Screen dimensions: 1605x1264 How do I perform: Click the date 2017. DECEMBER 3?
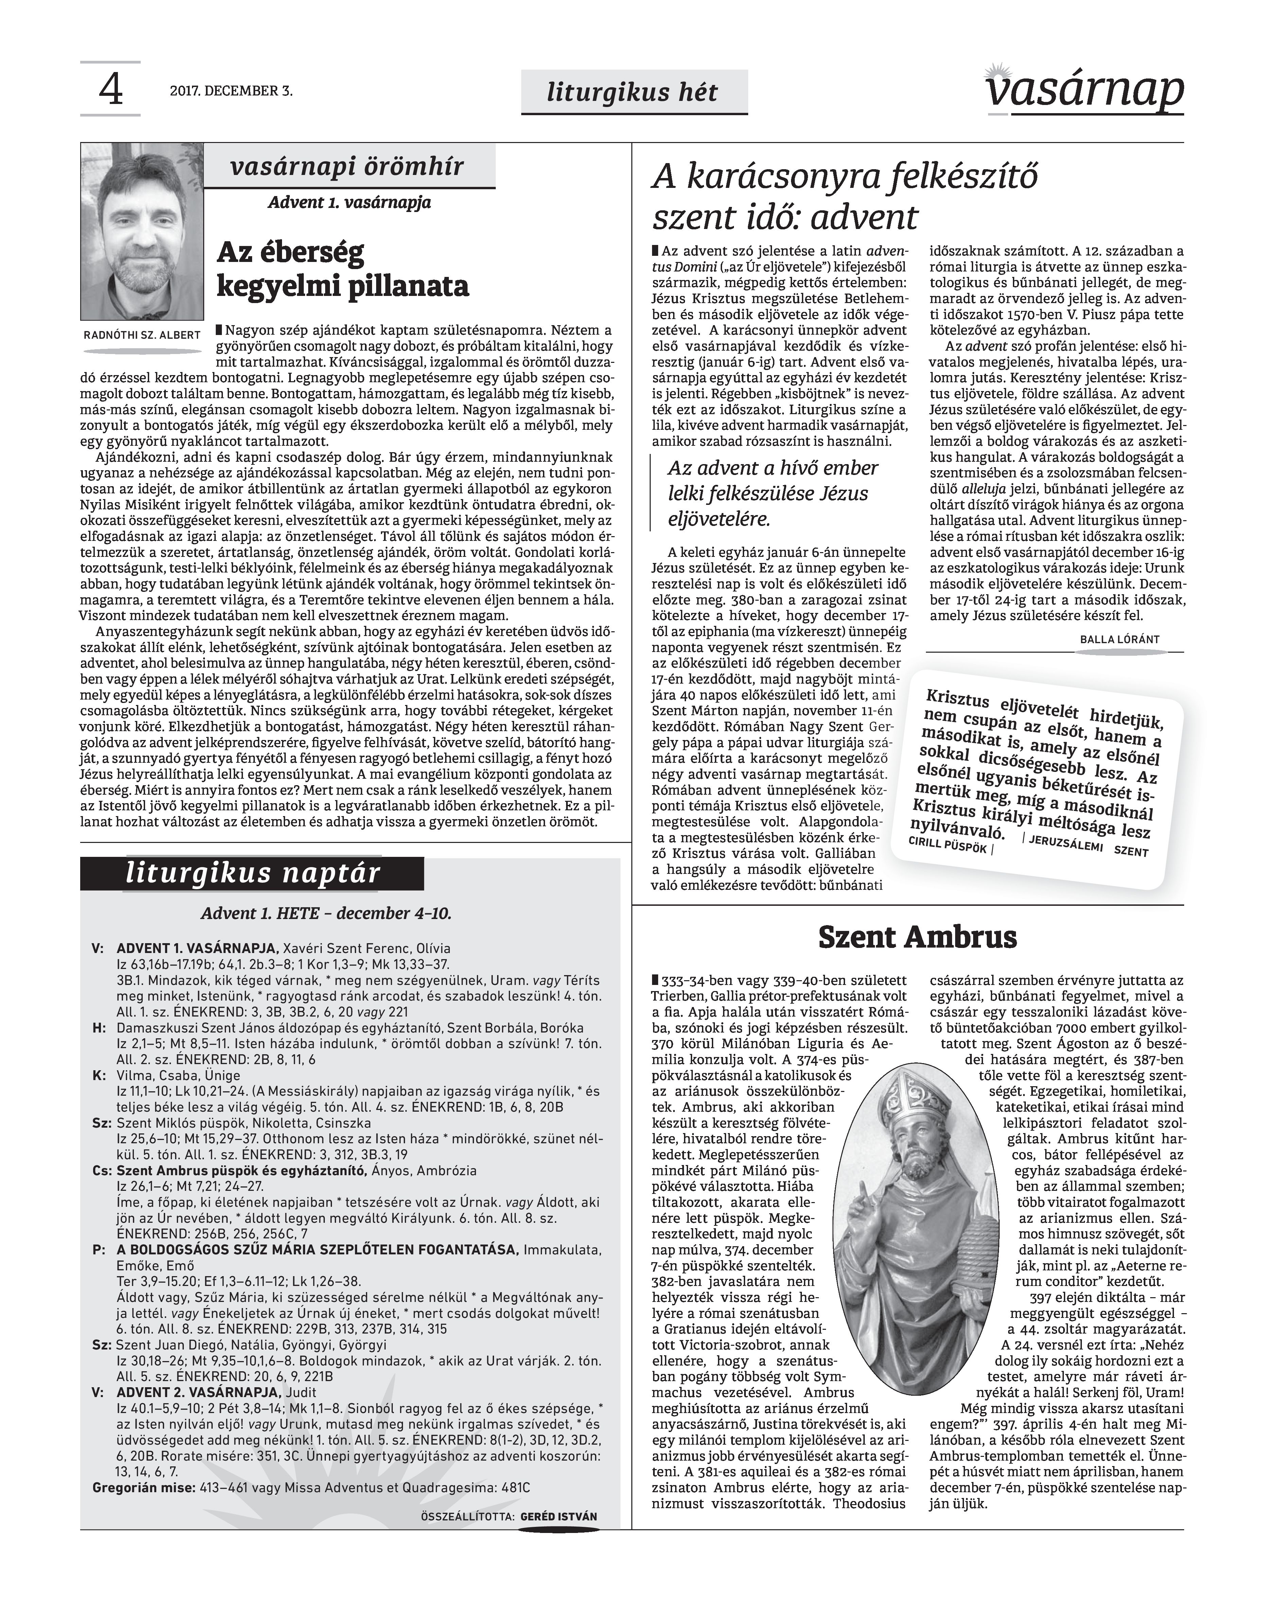tap(231, 92)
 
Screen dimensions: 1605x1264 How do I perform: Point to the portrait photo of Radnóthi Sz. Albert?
tap(142, 232)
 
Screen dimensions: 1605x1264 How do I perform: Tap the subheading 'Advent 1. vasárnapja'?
tap(349, 202)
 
